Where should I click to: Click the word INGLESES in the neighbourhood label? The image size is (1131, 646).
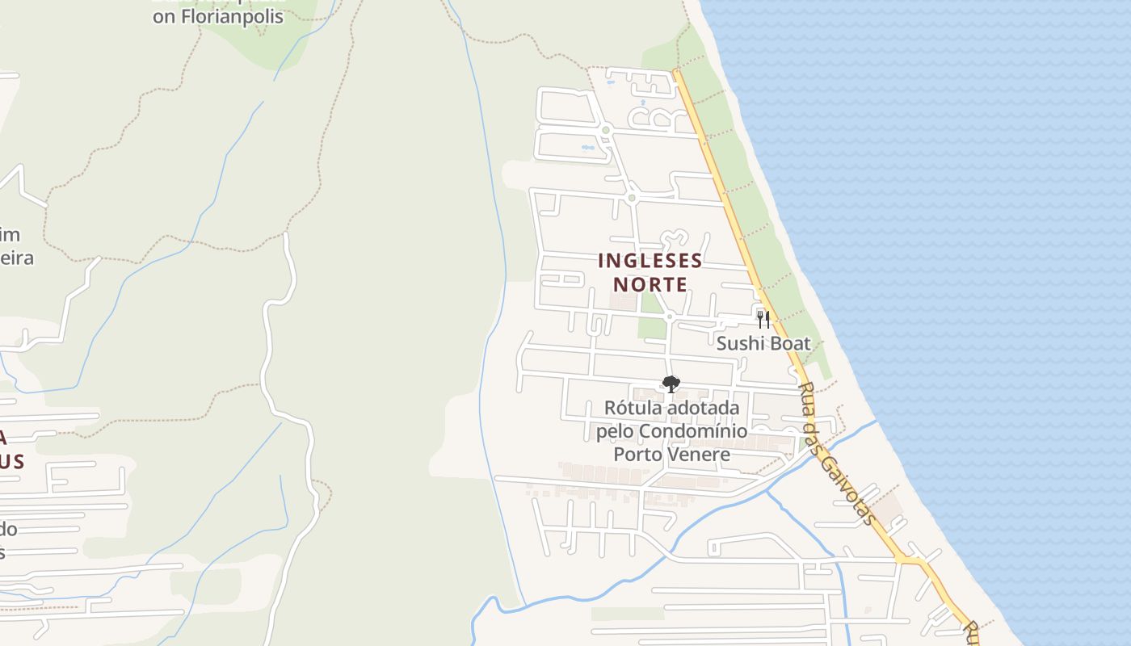coord(650,261)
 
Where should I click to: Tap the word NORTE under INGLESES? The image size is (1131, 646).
coord(650,284)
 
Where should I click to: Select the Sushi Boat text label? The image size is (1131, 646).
coord(763,343)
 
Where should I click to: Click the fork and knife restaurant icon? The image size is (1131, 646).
coord(763,319)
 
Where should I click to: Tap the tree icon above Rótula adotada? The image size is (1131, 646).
coord(671,384)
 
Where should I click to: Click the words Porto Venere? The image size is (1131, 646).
coord(672,454)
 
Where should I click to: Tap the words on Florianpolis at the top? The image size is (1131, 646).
coord(218,16)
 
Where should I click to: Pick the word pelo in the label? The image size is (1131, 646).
coord(615,431)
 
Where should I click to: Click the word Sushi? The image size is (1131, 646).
coord(739,343)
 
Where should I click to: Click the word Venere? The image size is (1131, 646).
coord(700,454)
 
